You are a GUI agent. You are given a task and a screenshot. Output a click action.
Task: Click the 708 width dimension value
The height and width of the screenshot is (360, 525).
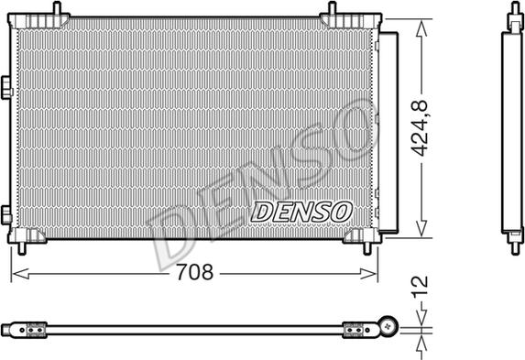tap(194, 272)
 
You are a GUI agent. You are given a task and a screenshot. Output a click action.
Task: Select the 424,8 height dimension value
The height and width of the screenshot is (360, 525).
tap(420, 128)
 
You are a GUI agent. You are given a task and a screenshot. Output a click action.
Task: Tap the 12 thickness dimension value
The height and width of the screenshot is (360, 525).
tap(420, 287)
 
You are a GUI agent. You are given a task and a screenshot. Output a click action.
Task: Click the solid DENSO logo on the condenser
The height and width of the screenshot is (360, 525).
tap(301, 212)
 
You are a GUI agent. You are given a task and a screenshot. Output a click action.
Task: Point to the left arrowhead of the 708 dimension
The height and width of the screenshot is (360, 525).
tap(20, 274)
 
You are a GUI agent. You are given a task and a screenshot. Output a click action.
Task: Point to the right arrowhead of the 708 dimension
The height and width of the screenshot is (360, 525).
tap(368, 274)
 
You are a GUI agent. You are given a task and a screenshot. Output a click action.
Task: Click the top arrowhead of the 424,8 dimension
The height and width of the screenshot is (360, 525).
tap(421, 27)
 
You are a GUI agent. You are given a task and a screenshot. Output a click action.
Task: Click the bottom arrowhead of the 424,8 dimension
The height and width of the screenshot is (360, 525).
tap(421, 228)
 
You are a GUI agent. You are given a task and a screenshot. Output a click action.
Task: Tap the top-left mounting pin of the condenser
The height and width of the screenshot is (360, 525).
tap(57, 8)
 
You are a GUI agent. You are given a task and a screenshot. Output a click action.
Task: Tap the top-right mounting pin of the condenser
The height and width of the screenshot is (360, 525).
tap(332, 8)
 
